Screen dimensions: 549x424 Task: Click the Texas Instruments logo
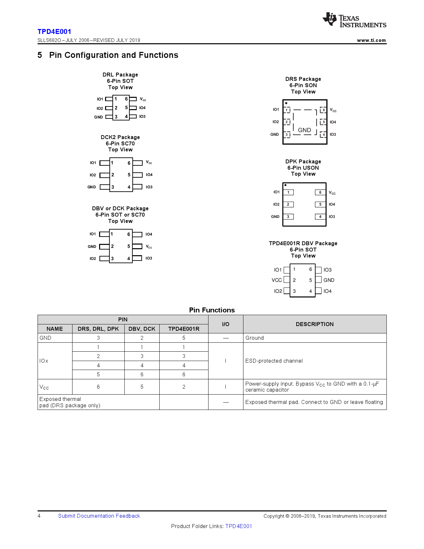[x=354, y=21]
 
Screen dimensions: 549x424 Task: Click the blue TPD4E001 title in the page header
[x=54, y=32]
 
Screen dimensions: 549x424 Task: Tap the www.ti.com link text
[x=371, y=40]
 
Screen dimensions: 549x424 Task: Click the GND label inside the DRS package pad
[x=304, y=130]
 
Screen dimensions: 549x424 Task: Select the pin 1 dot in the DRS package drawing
[x=286, y=103]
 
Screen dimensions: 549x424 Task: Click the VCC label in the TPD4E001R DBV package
[x=276, y=280]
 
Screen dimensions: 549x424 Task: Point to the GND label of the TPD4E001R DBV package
[x=329, y=280]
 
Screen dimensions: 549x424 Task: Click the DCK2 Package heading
[x=120, y=137]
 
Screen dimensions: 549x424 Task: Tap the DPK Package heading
[x=303, y=161]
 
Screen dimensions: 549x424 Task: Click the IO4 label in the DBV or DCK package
[x=149, y=234]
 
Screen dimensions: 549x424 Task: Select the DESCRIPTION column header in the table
[x=314, y=324]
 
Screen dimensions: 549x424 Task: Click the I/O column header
[x=225, y=324]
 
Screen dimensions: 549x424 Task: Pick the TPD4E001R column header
[x=184, y=329]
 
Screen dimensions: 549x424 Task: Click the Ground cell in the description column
[x=254, y=338]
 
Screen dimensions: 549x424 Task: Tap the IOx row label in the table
[x=44, y=361]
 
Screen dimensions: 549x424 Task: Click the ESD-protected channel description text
[x=274, y=361]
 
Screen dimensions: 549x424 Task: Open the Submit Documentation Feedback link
[x=99, y=516]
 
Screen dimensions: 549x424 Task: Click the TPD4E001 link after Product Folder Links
[x=238, y=526]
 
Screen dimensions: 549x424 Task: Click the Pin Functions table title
[x=212, y=310]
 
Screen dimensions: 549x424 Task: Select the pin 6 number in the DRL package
[x=126, y=99]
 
